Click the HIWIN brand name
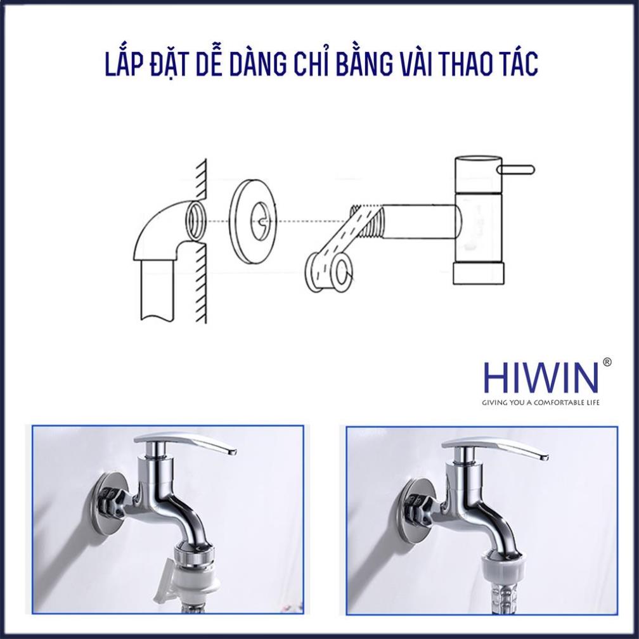[x=540, y=378]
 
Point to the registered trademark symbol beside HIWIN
[x=607, y=362]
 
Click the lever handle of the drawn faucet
[x=517, y=169]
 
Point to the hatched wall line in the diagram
[x=202, y=241]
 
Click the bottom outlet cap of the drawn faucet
[x=479, y=273]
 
